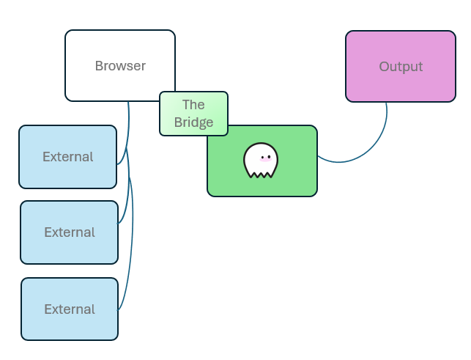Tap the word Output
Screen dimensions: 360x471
pos(401,67)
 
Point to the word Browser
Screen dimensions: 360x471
pos(120,66)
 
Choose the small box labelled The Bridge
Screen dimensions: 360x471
pos(193,114)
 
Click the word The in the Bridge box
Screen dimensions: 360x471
pos(193,105)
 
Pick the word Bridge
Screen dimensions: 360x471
pos(193,122)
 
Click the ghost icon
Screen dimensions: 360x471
pos(261,161)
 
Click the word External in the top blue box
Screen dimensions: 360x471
pos(67,157)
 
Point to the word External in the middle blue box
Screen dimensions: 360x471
pos(70,232)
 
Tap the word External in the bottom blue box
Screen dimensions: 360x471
pos(70,309)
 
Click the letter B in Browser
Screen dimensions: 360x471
pos(99,66)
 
